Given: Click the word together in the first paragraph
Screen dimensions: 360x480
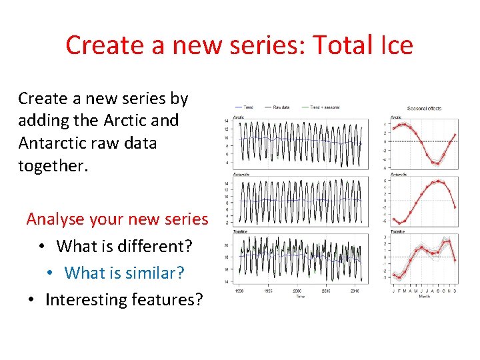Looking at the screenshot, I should [x=51, y=165].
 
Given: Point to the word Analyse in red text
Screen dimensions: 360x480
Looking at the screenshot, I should [x=54, y=219].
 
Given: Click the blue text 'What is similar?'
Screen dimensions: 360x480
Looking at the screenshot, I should [x=124, y=273].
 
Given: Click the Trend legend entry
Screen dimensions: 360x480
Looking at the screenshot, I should [x=247, y=107].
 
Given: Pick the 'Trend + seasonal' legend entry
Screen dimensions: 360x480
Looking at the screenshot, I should [x=324, y=107].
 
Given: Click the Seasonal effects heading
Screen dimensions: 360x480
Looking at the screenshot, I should [x=424, y=109].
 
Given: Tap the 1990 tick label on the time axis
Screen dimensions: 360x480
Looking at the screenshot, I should [x=239, y=291].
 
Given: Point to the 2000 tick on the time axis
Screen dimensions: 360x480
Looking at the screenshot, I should [x=297, y=291].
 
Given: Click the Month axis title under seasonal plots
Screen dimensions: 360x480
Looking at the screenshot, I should [x=424, y=296].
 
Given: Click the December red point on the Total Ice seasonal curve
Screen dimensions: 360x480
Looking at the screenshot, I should [x=455, y=260].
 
